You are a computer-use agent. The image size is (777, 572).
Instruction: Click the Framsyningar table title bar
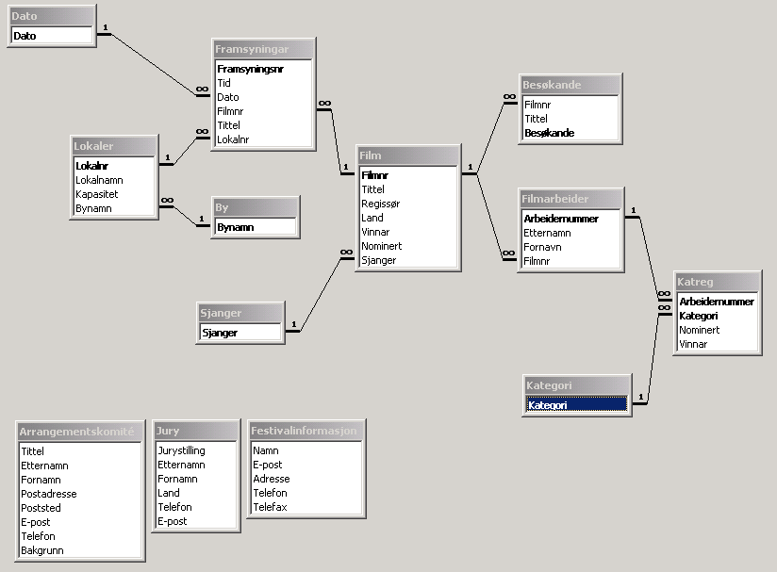pyautogui.click(x=263, y=49)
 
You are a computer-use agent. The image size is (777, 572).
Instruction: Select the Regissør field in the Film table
pyautogui.click(x=380, y=204)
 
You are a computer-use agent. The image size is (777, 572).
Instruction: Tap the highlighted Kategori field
pyautogui.click(x=576, y=404)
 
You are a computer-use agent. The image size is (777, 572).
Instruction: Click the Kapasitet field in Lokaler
pyautogui.click(x=98, y=194)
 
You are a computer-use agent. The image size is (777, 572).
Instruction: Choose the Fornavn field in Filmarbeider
pyautogui.click(x=544, y=247)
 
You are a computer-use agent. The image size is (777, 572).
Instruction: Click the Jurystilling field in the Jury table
pyautogui.click(x=182, y=450)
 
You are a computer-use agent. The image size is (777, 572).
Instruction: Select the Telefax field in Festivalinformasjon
pyautogui.click(x=270, y=507)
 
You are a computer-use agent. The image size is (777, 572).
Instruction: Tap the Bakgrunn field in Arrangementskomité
pyautogui.click(x=43, y=550)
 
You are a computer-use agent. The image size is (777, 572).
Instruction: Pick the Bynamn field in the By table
pyautogui.click(x=235, y=227)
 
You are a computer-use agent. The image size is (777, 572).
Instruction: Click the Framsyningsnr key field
pyautogui.click(x=250, y=69)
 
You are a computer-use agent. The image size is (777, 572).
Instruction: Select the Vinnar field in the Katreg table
pyautogui.click(x=693, y=344)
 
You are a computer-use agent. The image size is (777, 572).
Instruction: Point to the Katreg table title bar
pyautogui.click(x=718, y=282)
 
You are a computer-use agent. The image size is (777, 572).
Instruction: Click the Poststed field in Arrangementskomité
pyautogui.click(x=41, y=508)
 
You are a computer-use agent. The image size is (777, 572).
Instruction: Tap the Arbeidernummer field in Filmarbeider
pyautogui.click(x=561, y=219)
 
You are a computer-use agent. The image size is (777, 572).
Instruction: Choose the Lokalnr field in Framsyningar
pyautogui.click(x=233, y=139)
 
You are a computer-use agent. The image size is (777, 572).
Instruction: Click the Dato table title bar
pyautogui.click(x=51, y=16)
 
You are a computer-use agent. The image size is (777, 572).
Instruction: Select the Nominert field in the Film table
pyautogui.click(x=381, y=246)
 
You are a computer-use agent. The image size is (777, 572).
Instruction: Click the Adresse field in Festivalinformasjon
pyautogui.click(x=271, y=479)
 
